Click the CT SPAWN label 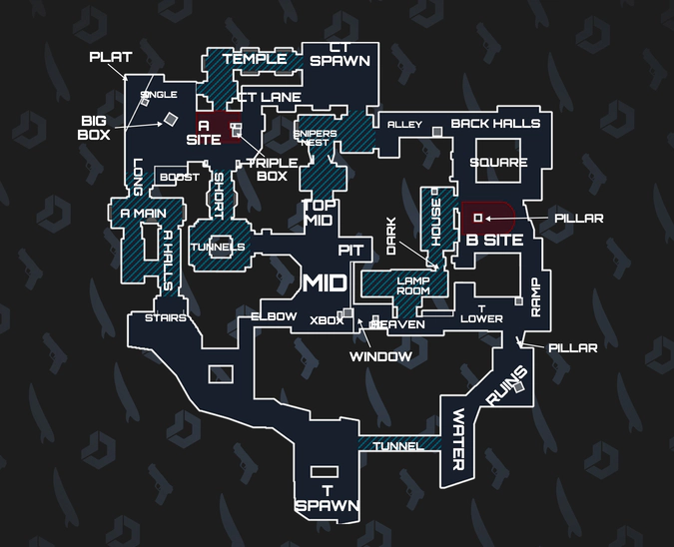(339, 54)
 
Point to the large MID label (325, 283)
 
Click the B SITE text (488, 241)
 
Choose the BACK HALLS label (495, 124)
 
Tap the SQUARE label (498, 163)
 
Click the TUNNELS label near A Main (218, 247)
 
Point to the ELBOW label (273, 316)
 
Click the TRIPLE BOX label (267, 170)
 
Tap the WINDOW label (380, 356)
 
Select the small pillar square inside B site (477, 217)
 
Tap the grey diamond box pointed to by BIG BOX (171, 120)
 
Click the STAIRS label (165, 318)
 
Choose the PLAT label (110, 57)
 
